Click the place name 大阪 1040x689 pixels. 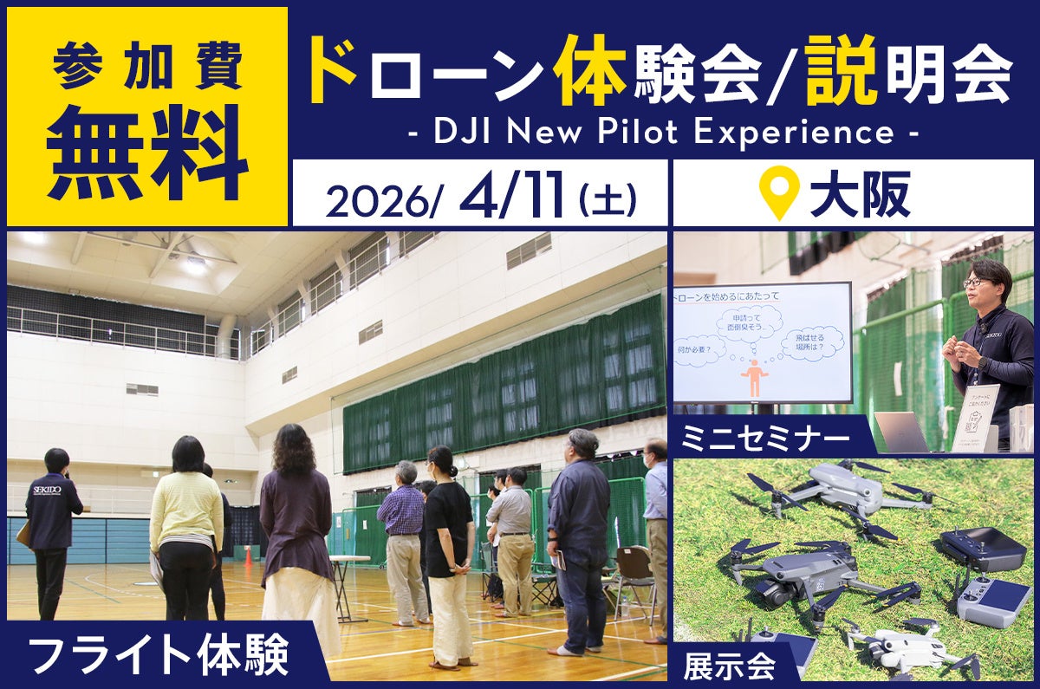coord(860,197)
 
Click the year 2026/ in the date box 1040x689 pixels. coord(386,201)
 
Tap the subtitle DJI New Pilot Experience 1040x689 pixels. coord(663,133)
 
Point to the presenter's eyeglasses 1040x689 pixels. coord(975,282)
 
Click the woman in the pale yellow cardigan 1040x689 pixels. coord(185,529)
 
